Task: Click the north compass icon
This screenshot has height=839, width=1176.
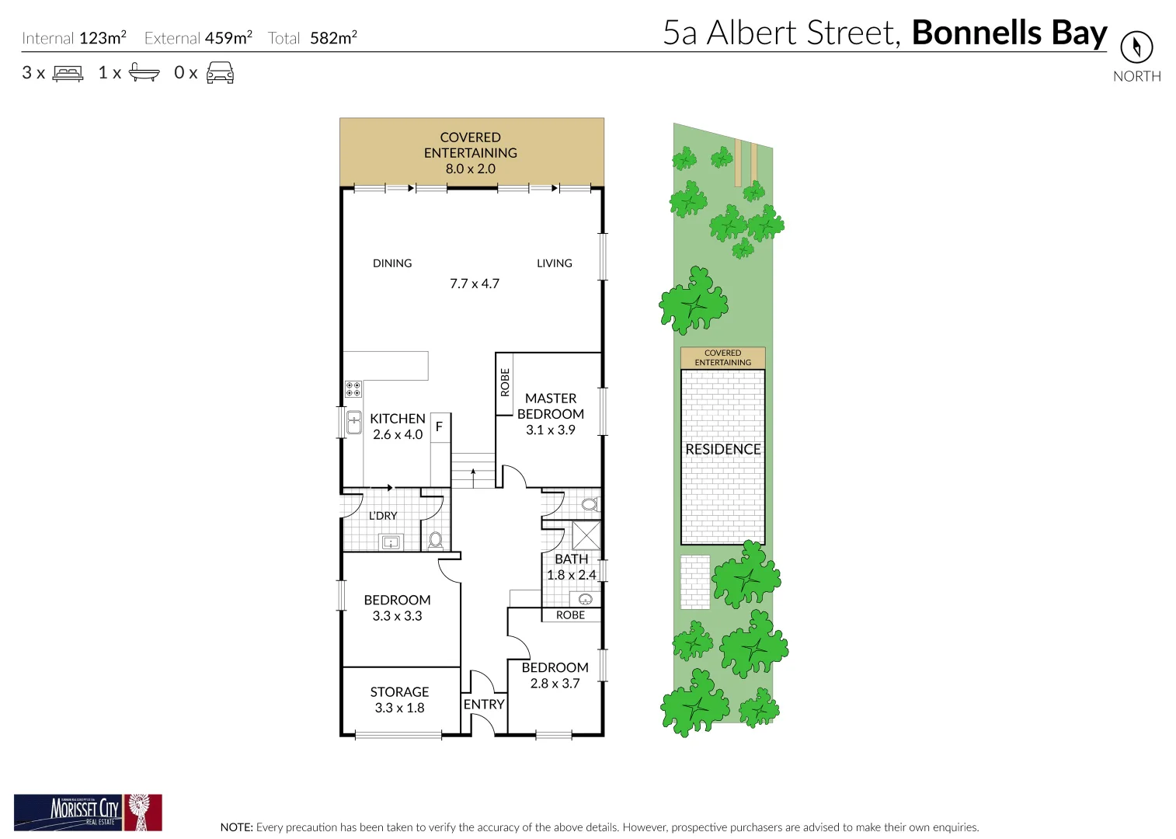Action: point(1136,47)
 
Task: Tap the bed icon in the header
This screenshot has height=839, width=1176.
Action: point(68,74)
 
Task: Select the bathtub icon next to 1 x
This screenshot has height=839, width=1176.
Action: point(144,73)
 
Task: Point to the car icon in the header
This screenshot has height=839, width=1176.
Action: point(220,73)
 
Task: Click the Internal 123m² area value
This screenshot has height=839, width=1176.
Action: point(103,37)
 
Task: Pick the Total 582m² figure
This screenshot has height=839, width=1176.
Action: point(333,37)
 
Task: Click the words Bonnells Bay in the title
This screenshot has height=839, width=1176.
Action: point(1009,33)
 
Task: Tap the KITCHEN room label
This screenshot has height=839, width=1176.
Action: point(397,419)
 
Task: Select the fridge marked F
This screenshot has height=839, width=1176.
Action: point(439,426)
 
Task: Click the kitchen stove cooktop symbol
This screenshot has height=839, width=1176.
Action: point(353,388)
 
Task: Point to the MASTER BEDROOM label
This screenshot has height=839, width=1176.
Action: point(551,406)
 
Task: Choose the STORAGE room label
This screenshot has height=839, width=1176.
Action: point(399,691)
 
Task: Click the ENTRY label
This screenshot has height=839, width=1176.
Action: point(484,704)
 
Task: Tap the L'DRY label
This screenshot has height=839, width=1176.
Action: point(383,516)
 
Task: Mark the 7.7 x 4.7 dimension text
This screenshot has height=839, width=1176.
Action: point(475,284)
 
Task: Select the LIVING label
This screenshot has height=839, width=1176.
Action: point(555,263)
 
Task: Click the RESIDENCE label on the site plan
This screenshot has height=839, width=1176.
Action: point(722,449)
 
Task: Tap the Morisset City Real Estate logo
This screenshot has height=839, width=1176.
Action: point(88,813)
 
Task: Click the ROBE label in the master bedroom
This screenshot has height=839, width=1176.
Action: point(505,382)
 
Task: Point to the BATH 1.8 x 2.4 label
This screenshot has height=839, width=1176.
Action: point(572,567)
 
